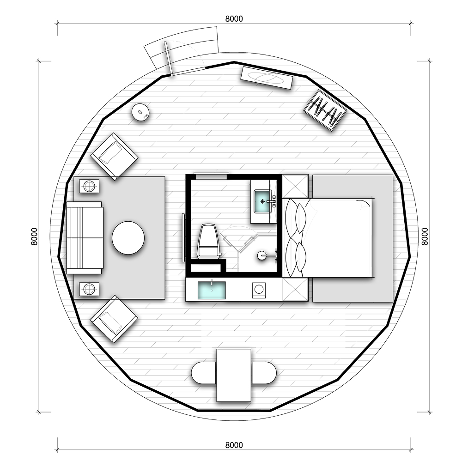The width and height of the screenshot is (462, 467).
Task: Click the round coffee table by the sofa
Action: coord(128,238)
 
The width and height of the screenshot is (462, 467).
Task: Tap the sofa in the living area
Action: coord(85,238)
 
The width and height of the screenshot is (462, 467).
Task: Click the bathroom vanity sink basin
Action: coord(262,202)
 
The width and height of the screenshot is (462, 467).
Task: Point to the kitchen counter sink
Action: coord(212,291)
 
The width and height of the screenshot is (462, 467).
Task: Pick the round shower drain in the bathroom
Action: coord(261,255)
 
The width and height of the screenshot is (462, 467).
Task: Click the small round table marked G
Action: coord(140,112)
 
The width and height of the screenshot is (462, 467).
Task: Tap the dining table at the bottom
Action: coord(234,375)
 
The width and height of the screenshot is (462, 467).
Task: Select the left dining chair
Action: coord(203,373)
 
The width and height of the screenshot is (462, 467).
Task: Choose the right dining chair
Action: coord(264,373)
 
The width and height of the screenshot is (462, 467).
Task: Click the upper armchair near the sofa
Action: coord(115,157)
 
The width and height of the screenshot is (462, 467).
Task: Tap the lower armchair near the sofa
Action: coord(115,319)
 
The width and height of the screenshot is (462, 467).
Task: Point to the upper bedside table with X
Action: coord(295,186)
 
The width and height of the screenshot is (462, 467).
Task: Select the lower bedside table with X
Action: coord(295,289)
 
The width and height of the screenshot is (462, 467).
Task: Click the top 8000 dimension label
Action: coord(234,19)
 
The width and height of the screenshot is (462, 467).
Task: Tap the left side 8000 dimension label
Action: coord(34,237)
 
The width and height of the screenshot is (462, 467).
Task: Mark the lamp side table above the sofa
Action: coord(89,187)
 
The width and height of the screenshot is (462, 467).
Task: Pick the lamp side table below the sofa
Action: coord(89,289)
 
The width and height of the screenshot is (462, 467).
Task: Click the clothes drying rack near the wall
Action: coord(325,110)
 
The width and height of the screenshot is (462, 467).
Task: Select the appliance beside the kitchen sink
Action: coord(259,290)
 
